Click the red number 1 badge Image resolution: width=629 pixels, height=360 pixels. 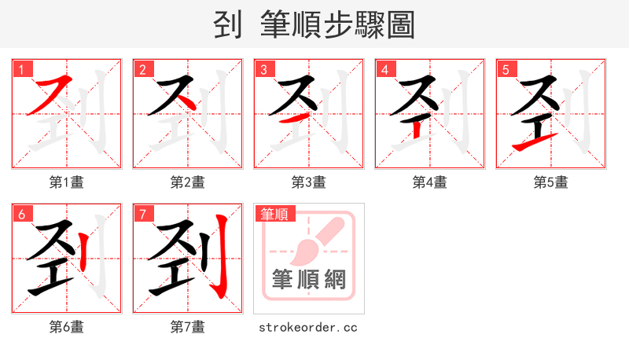[x=21, y=69]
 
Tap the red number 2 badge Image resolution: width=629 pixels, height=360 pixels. [x=142, y=69]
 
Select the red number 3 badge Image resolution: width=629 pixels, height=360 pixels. [x=263, y=69]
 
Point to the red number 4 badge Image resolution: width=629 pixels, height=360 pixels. [x=384, y=69]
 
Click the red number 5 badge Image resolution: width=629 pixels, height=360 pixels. [x=506, y=69]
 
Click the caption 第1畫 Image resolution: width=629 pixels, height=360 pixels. [x=67, y=182]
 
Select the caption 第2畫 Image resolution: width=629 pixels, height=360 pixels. [x=188, y=182]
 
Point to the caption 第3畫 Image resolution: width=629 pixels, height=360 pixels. [x=309, y=182]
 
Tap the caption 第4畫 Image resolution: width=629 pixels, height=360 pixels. [x=430, y=182]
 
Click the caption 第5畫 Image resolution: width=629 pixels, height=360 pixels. [x=551, y=182]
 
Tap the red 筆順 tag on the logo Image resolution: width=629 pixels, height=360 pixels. [x=274, y=214]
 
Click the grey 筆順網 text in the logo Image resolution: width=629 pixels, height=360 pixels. [x=309, y=280]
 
